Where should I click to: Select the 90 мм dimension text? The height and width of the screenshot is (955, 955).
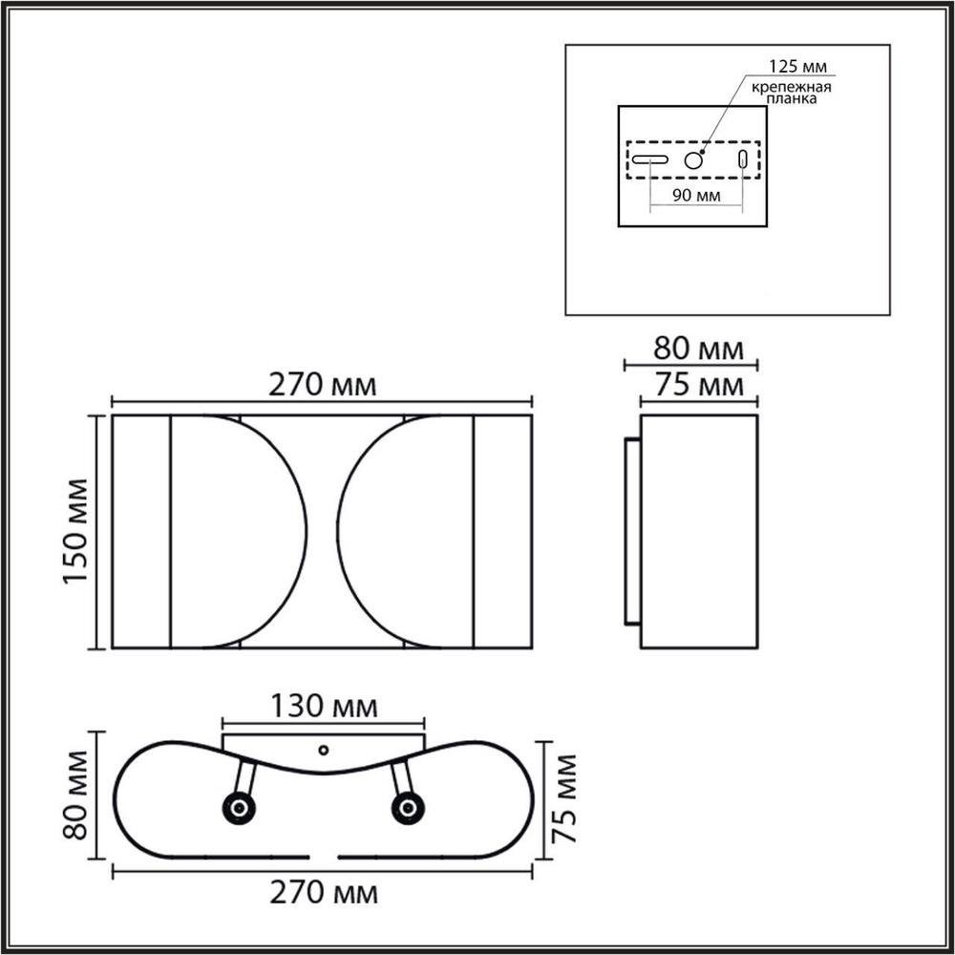[x=694, y=195]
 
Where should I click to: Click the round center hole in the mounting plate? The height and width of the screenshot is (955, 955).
[x=693, y=159]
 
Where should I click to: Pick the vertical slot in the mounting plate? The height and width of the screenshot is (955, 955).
[x=742, y=159]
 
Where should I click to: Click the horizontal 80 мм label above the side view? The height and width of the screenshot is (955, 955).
[x=697, y=348]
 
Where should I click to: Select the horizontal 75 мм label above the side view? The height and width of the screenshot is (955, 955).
[x=697, y=386]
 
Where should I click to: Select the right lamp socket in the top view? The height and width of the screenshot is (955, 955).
[x=406, y=809]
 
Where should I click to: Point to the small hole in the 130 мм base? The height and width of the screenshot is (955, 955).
[x=323, y=750]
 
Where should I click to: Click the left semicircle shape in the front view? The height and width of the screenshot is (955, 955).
[x=239, y=532]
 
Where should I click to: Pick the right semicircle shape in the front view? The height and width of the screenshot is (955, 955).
[x=406, y=532]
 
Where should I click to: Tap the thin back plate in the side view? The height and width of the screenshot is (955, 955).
[x=631, y=532]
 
